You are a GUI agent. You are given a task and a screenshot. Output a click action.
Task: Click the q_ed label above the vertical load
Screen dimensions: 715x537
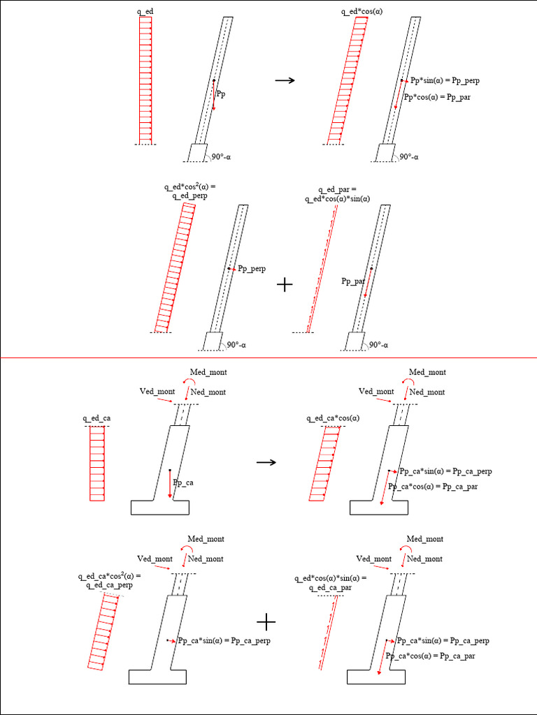(145, 12)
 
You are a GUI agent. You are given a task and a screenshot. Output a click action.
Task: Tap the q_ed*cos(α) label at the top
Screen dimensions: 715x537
(362, 12)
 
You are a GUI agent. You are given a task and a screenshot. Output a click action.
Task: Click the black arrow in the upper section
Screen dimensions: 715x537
(285, 80)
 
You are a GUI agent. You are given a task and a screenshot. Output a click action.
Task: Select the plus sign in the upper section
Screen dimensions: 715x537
(285, 285)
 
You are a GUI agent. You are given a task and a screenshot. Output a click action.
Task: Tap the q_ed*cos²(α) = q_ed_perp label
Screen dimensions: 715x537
(190, 191)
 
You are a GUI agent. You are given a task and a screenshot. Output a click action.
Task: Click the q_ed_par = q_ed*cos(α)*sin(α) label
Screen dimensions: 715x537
(337, 194)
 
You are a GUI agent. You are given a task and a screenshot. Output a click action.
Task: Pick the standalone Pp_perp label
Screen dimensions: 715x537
(252, 268)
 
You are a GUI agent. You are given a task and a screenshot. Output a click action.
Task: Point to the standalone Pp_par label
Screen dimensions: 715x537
(354, 281)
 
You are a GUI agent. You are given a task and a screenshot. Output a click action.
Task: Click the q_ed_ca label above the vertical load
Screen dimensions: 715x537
(96, 418)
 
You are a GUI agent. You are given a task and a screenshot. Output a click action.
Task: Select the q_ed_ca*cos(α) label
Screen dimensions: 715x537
(333, 418)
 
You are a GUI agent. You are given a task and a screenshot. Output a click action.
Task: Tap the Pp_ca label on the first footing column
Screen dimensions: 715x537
(183, 482)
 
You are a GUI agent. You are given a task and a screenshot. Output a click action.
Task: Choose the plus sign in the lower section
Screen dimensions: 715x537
(266, 621)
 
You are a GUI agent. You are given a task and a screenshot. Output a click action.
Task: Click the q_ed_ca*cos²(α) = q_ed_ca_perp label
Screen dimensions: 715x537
(109, 580)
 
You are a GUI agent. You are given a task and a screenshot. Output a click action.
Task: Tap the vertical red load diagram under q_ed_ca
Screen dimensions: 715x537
(97, 464)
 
